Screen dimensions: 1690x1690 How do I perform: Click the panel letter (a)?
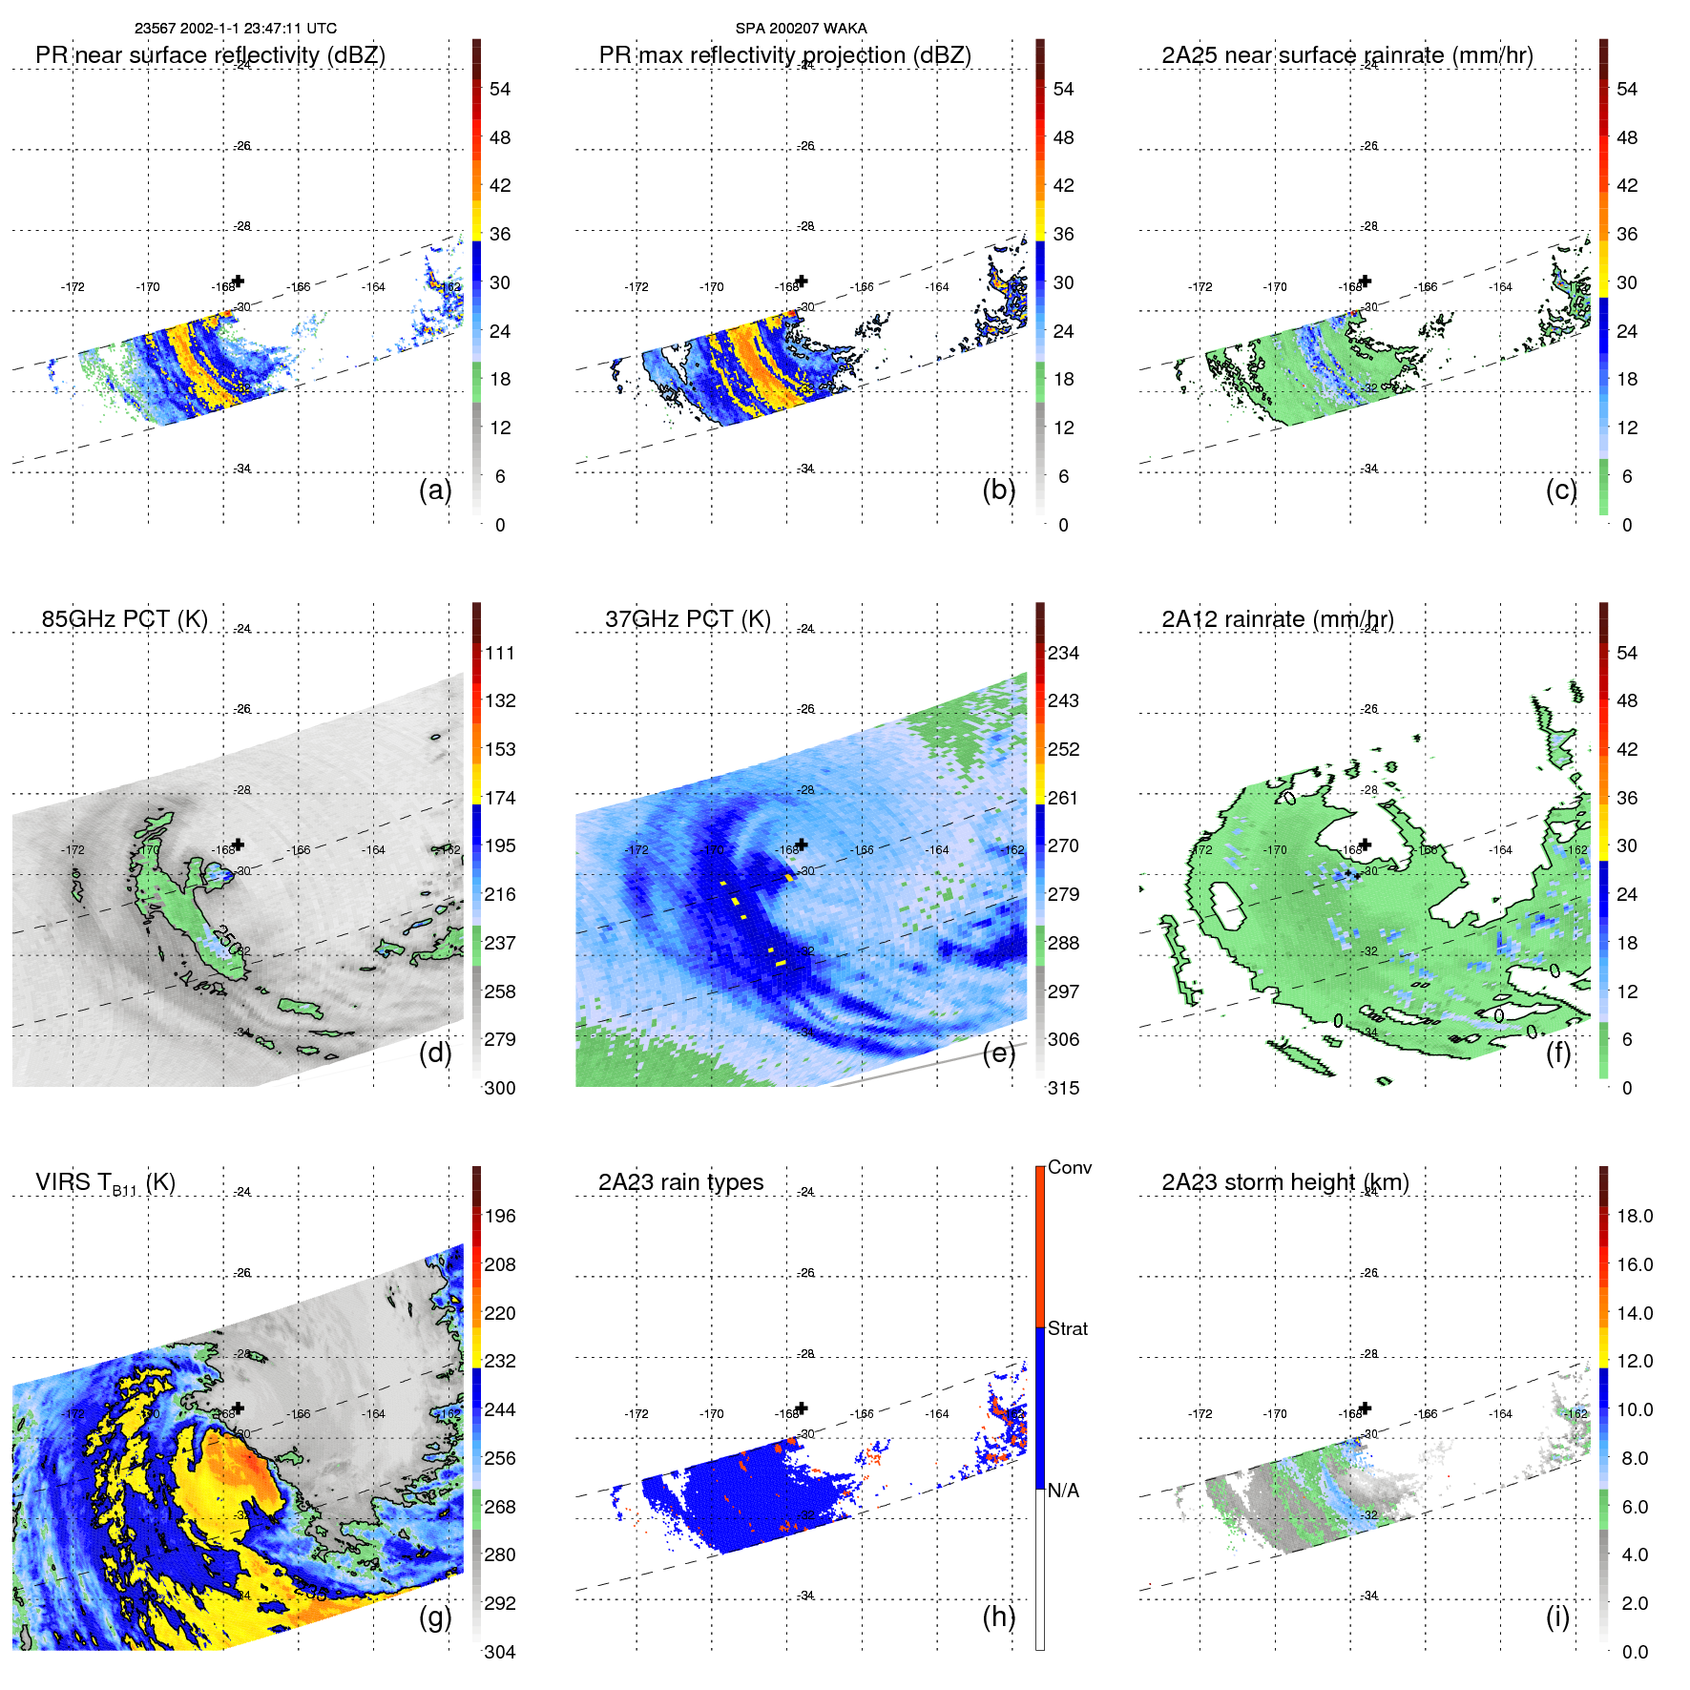click(435, 490)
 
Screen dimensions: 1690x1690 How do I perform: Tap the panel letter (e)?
click(998, 1054)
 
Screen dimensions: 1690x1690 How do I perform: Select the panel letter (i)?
click(1557, 1617)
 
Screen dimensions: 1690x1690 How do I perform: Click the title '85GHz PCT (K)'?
click(124, 619)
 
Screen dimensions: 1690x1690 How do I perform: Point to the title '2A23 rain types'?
click(680, 1182)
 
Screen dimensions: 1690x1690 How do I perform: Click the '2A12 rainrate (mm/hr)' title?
click(1278, 619)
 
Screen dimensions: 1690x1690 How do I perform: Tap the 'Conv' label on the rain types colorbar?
click(1070, 1167)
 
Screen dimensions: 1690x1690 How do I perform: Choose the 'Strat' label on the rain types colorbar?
click(1068, 1328)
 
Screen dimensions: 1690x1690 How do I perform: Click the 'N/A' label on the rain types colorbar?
click(1064, 1491)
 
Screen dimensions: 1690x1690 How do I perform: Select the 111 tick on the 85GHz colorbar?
click(500, 653)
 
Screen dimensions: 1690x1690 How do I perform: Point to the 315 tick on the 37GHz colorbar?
click(1063, 1088)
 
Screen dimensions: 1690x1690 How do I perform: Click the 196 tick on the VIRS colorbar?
click(500, 1216)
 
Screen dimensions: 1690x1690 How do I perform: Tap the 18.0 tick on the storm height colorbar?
click(1635, 1216)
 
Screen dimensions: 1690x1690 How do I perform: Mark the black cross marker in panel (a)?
click(239, 281)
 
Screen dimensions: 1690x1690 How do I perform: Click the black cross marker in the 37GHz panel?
click(802, 845)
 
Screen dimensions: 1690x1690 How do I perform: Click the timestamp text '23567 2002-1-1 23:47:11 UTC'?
click(236, 29)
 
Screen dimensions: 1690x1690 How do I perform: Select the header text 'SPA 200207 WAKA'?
click(802, 29)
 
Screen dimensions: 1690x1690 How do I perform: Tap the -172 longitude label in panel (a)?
click(73, 287)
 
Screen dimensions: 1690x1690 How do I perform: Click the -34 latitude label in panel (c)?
click(1370, 469)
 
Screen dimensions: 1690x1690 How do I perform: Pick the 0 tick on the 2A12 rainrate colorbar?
click(1627, 1088)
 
